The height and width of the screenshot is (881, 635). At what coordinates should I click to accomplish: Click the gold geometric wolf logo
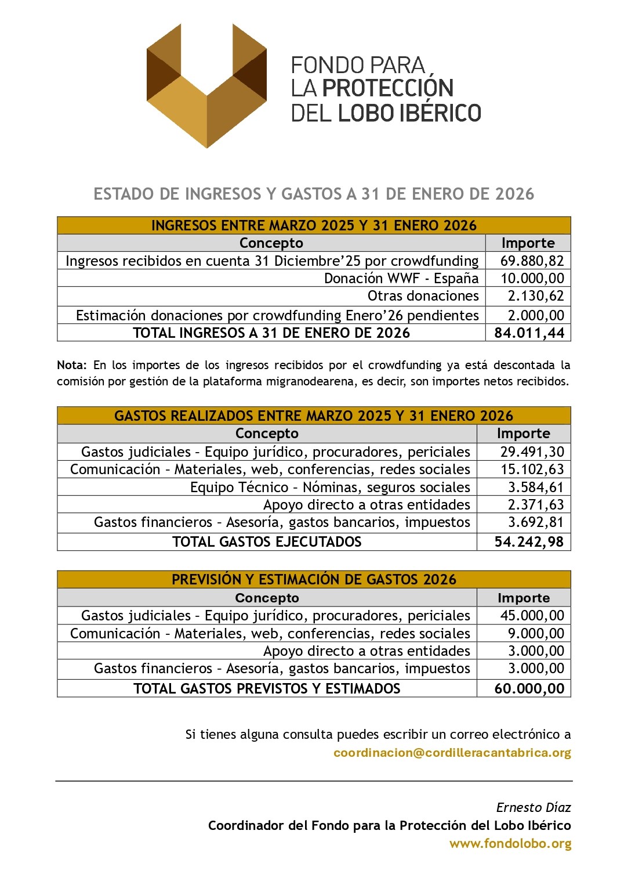(x=206, y=85)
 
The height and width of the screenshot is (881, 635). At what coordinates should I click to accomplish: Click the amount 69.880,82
(x=532, y=261)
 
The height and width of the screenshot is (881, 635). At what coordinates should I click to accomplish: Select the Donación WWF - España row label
(x=401, y=279)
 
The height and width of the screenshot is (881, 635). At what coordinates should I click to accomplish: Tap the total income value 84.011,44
(x=529, y=333)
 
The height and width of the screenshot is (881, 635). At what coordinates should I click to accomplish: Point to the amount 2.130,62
(x=536, y=296)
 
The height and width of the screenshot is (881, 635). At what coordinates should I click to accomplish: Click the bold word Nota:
(x=72, y=365)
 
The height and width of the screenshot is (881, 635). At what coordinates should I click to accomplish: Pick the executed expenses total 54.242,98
(x=529, y=542)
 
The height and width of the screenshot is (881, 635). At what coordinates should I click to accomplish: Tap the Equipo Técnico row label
(x=330, y=488)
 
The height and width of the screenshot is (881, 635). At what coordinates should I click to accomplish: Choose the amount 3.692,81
(x=536, y=522)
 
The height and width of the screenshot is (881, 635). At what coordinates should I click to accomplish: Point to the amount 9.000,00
(x=536, y=634)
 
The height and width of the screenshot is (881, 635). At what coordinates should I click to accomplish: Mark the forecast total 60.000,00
(x=529, y=689)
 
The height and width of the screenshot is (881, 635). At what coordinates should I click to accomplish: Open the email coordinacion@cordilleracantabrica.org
(x=452, y=753)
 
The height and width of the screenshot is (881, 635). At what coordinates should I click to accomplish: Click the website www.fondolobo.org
(x=510, y=844)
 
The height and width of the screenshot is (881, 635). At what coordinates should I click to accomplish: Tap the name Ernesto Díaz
(x=534, y=807)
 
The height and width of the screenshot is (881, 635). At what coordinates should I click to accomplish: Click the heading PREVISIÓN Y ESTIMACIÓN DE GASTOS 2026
(x=314, y=580)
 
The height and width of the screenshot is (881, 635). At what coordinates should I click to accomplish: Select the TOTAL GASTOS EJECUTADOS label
(x=267, y=542)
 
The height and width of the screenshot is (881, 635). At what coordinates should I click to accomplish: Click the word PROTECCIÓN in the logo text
(x=387, y=88)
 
